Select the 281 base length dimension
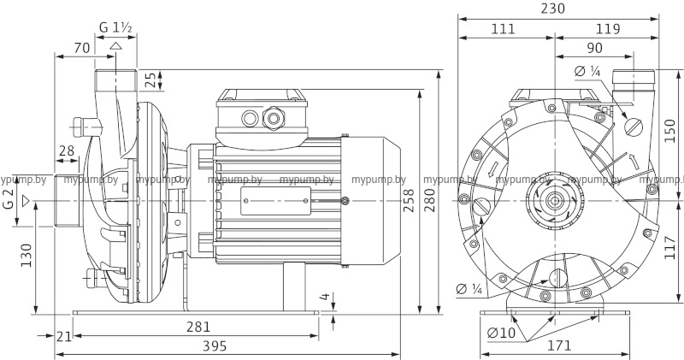tap(198, 328)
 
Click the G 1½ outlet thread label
tap(115, 27)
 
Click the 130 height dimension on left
tap(26, 255)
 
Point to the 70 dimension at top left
tap(82, 48)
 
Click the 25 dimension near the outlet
tap(151, 80)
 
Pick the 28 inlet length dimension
tap(66, 151)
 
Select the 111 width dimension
tap(504, 29)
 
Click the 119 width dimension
tap(609, 29)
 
